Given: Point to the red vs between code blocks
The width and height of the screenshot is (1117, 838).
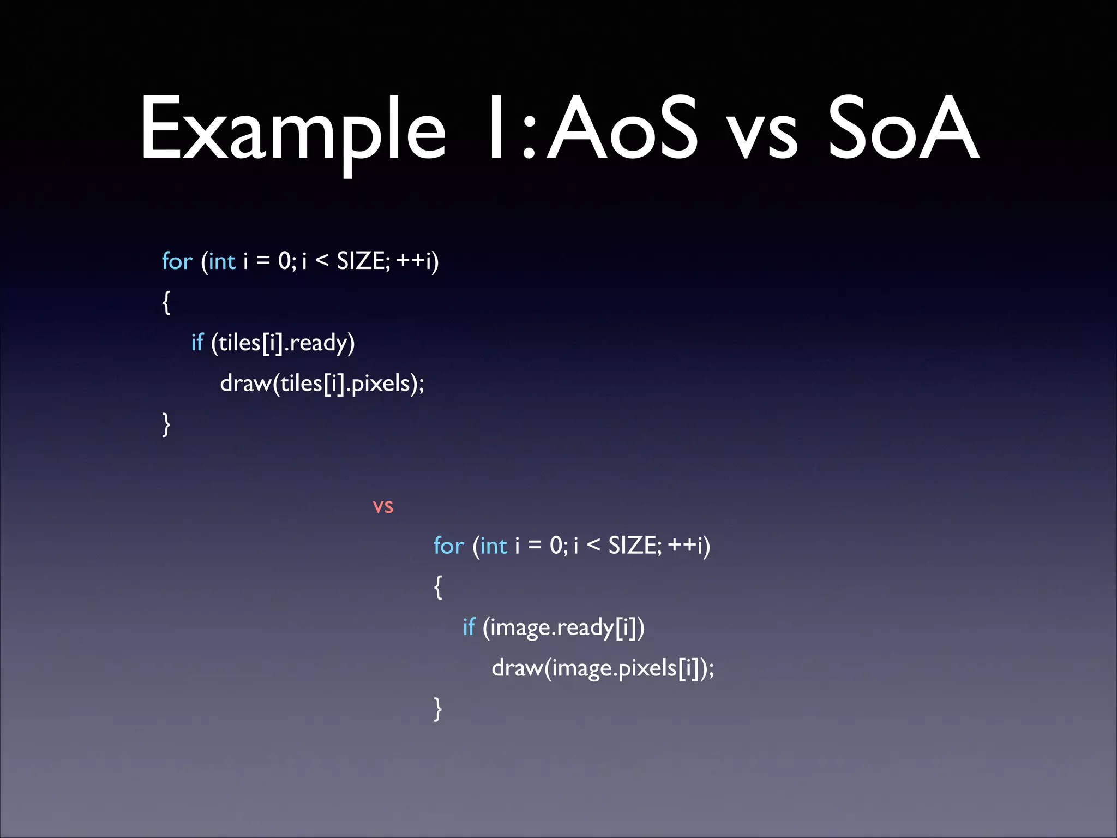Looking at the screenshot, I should coord(383,507).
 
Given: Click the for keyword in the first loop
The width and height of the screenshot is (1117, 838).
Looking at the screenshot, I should coord(177,261).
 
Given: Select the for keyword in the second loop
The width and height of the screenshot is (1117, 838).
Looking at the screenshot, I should coord(448,546).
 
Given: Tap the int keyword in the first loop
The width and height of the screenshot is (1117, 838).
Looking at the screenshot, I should coord(222,261).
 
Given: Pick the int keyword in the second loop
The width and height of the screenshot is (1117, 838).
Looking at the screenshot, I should coord(494,546).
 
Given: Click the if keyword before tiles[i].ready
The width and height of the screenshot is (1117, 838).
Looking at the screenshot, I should coord(197,343).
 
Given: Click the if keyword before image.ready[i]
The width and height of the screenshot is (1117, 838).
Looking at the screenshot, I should coord(469,627).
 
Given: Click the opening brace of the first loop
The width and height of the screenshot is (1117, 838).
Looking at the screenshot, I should coord(166,302).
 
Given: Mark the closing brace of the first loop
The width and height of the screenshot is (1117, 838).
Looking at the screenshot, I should coord(166,424).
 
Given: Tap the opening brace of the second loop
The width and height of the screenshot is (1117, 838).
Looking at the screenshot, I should coord(437,586).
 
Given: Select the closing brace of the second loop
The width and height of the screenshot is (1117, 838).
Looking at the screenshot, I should coord(437,709).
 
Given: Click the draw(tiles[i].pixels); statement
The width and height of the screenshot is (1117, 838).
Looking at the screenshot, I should coord(322,384).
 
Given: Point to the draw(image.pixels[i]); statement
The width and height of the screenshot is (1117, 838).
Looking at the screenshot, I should coord(603,668).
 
